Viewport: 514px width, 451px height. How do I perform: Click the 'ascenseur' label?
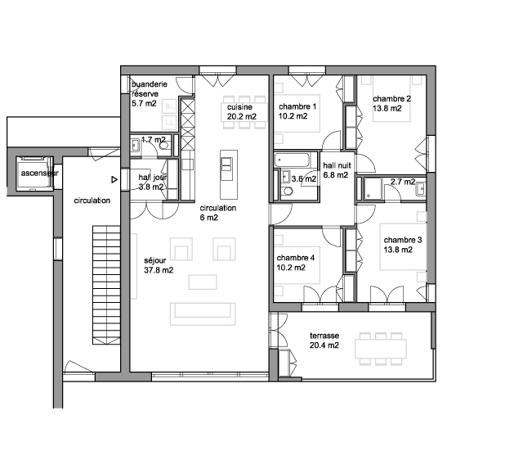(x=40, y=173)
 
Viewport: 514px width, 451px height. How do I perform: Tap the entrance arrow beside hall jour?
(x=114, y=179)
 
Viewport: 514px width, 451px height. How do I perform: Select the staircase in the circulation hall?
(x=106, y=285)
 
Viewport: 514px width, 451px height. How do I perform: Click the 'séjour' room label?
(x=155, y=260)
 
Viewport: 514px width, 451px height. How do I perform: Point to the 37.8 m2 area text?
(x=159, y=270)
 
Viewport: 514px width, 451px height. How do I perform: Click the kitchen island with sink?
(x=229, y=174)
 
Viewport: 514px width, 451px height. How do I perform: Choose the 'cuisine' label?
(x=239, y=107)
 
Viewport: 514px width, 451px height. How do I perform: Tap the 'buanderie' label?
(x=150, y=84)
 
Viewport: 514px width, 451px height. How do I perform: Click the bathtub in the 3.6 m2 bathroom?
(x=292, y=160)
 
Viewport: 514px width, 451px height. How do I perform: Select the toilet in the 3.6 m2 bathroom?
(x=288, y=191)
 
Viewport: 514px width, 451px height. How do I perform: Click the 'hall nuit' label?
(x=337, y=165)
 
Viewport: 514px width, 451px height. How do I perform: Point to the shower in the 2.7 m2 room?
(x=373, y=188)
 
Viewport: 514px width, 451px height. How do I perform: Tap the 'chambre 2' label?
(x=391, y=99)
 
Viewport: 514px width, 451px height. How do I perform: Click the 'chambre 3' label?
(x=403, y=240)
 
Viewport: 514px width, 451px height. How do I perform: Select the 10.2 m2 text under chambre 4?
(x=291, y=268)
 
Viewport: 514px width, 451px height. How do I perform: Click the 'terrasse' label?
(x=324, y=336)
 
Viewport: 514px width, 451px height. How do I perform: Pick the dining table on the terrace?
(x=381, y=349)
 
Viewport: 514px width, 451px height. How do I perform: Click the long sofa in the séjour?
(x=203, y=314)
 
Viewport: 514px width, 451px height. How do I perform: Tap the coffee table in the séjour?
(x=203, y=282)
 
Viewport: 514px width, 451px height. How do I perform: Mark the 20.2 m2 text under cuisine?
(x=242, y=116)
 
